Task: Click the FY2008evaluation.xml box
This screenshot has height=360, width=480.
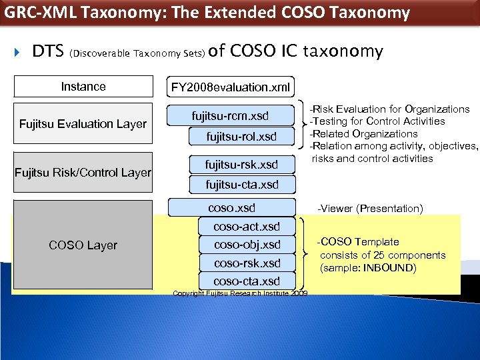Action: click(231, 87)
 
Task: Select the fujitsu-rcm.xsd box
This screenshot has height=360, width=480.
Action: click(231, 117)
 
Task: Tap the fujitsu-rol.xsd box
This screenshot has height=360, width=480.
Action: click(241, 137)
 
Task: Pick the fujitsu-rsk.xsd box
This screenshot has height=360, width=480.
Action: click(241, 165)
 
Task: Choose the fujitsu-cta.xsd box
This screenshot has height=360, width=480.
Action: click(242, 185)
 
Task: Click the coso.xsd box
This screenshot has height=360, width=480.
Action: click(231, 207)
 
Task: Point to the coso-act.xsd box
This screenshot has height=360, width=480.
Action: click(247, 227)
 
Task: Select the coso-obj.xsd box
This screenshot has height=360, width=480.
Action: click(247, 245)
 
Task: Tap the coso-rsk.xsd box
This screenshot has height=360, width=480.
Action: click(247, 263)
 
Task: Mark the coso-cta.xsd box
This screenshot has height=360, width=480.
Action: click(247, 281)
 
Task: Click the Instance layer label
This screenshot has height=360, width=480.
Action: click(83, 87)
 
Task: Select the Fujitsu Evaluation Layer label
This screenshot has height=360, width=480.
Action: click(83, 124)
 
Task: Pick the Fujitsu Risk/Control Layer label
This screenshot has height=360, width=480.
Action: click(83, 173)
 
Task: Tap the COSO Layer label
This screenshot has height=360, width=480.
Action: click(83, 245)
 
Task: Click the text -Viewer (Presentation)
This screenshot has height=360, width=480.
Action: click(370, 209)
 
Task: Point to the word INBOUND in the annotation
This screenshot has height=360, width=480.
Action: click(391, 268)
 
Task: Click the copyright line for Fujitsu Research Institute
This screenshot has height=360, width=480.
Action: click(240, 293)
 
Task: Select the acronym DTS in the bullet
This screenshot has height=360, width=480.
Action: click(48, 51)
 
